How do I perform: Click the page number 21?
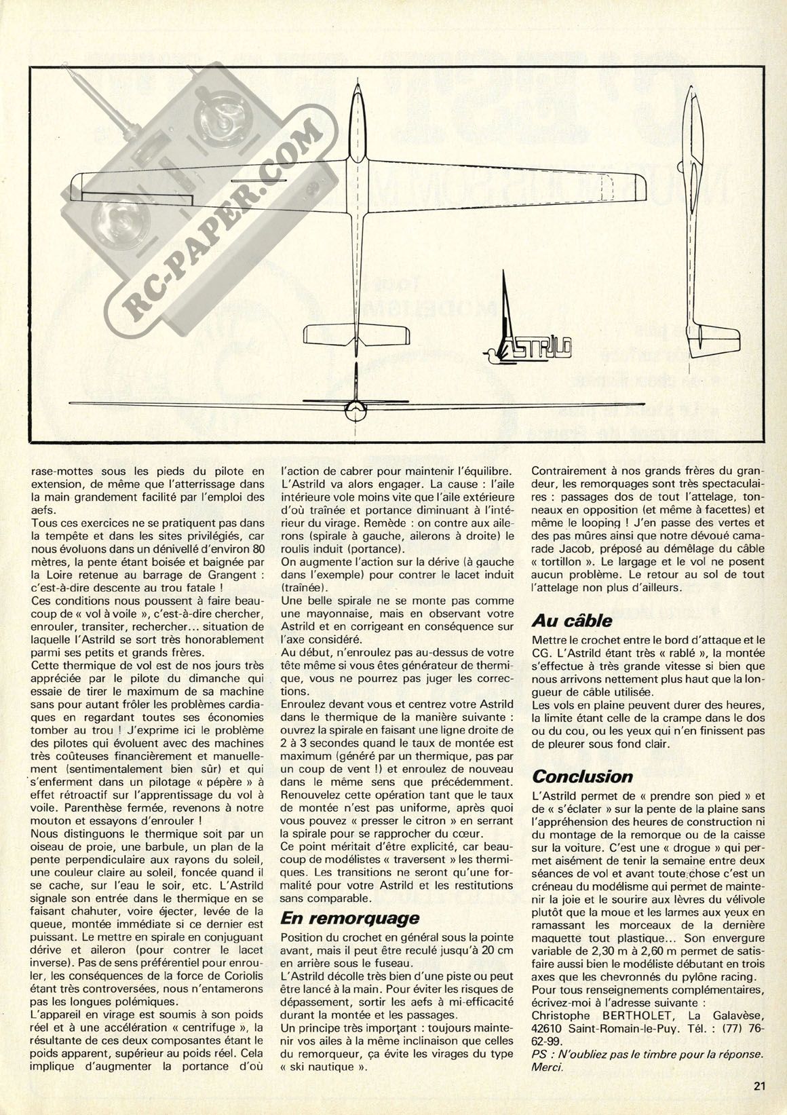[760, 1085]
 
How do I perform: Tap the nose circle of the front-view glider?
[355, 407]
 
